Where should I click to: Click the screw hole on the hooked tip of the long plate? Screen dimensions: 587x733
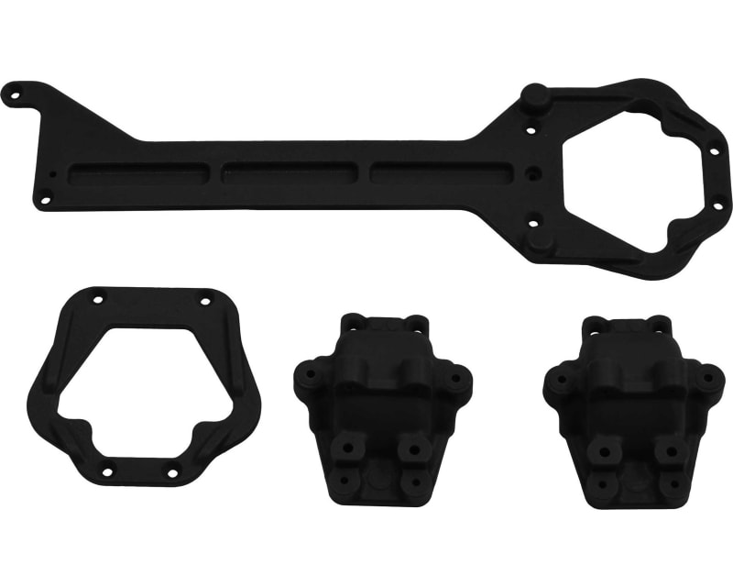(x=15, y=92)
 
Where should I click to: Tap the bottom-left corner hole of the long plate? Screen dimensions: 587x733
(x=42, y=195)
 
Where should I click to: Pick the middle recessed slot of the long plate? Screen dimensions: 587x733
(x=289, y=172)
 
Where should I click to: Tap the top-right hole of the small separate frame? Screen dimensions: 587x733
(x=204, y=299)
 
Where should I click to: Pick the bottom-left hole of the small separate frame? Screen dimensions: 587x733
(x=106, y=471)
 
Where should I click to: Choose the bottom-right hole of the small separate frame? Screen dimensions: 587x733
(x=172, y=472)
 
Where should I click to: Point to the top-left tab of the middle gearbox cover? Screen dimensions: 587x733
(x=353, y=322)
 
